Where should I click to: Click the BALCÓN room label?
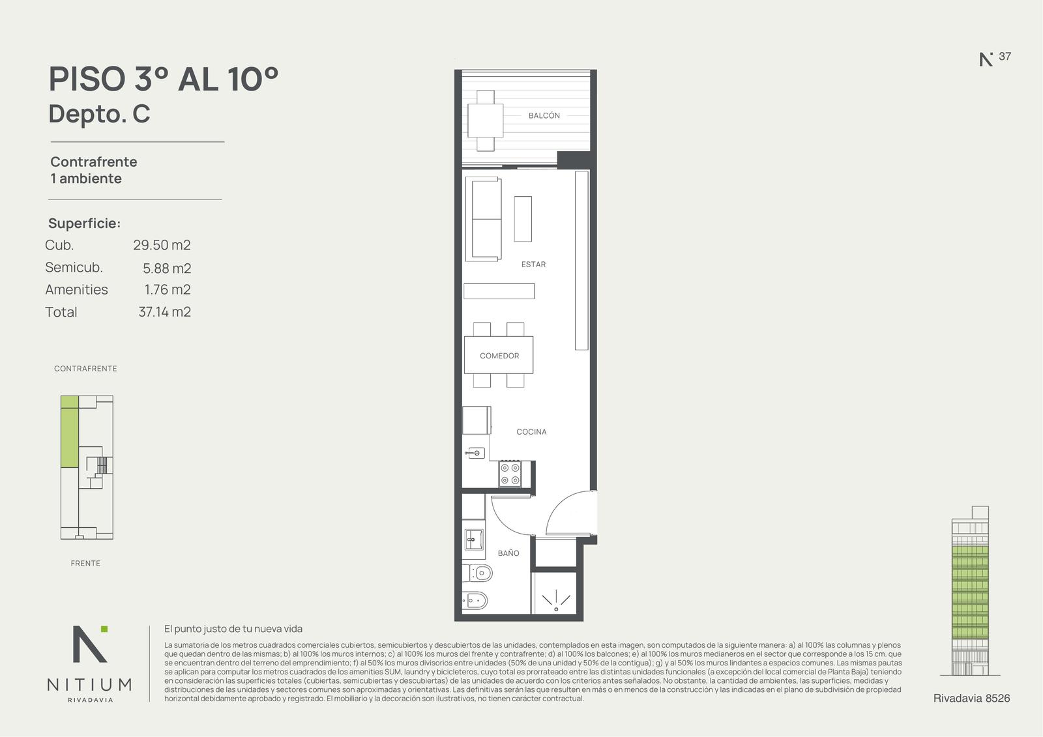pyautogui.click(x=544, y=115)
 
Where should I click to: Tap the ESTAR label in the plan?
pyautogui.click(x=533, y=265)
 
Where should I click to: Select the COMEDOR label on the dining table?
pyautogui.click(x=499, y=356)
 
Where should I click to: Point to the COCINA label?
pyautogui.click(x=531, y=431)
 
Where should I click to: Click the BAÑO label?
pyautogui.click(x=508, y=553)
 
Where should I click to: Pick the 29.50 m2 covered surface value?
pyautogui.click(x=162, y=245)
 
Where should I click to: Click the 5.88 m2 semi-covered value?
pyautogui.click(x=167, y=268)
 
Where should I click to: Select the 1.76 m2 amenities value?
pyautogui.click(x=168, y=289)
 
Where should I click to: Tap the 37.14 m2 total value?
pyautogui.click(x=164, y=311)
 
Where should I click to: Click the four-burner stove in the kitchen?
pyautogui.click(x=510, y=474)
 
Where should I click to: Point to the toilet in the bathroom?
pyautogui.click(x=477, y=573)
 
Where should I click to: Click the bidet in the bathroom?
pyautogui.click(x=475, y=601)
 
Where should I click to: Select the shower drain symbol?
pyautogui.click(x=556, y=609)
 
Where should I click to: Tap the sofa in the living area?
pyautogui.click(x=483, y=219)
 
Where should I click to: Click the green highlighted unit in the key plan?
pyautogui.click(x=69, y=431)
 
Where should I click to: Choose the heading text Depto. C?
pyautogui.click(x=99, y=113)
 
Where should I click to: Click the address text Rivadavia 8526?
pyautogui.click(x=972, y=699)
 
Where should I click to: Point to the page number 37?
pyautogui.click(x=1005, y=56)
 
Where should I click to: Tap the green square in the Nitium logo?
pyautogui.click(x=104, y=629)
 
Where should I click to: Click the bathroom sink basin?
pyautogui.click(x=474, y=540)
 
